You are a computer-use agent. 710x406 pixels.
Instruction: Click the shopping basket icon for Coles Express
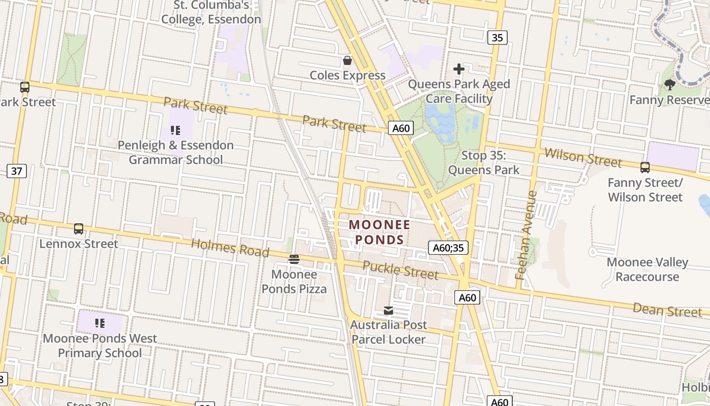coord(347,61)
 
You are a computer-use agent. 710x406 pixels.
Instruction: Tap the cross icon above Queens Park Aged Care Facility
coord(459,69)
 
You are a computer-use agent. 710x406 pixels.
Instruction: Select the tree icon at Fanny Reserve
coord(669,85)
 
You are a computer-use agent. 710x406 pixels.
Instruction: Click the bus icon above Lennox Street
coord(79,229)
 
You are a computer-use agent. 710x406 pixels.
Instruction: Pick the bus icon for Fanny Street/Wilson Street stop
coord(645,167)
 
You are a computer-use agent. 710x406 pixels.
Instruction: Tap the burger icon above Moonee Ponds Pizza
coord(294,260)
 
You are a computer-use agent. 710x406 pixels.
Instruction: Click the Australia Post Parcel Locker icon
coord(388,311)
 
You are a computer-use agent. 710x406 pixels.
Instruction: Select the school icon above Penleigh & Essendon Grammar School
coord(175,130)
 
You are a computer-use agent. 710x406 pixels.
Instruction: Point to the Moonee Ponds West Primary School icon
coord(100,323)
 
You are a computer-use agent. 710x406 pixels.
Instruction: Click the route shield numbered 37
coord(16,171)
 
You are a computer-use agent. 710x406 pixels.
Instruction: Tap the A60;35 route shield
coord(448,248)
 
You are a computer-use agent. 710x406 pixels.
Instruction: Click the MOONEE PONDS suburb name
coord(380,232)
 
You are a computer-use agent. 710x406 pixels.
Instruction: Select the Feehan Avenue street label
coord(526,235)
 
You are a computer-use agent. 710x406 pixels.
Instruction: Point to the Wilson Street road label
coord(583,157)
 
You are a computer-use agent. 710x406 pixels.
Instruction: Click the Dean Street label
coord(667,310)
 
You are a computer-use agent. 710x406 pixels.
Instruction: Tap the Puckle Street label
coord(400,270)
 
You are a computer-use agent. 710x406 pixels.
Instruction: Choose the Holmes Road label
coord(230,248)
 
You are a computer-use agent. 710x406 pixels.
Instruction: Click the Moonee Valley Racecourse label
coord(647,269)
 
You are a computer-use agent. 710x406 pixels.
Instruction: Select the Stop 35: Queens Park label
coord(484,162)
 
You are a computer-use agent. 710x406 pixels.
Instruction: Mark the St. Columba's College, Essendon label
coord(211,12)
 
